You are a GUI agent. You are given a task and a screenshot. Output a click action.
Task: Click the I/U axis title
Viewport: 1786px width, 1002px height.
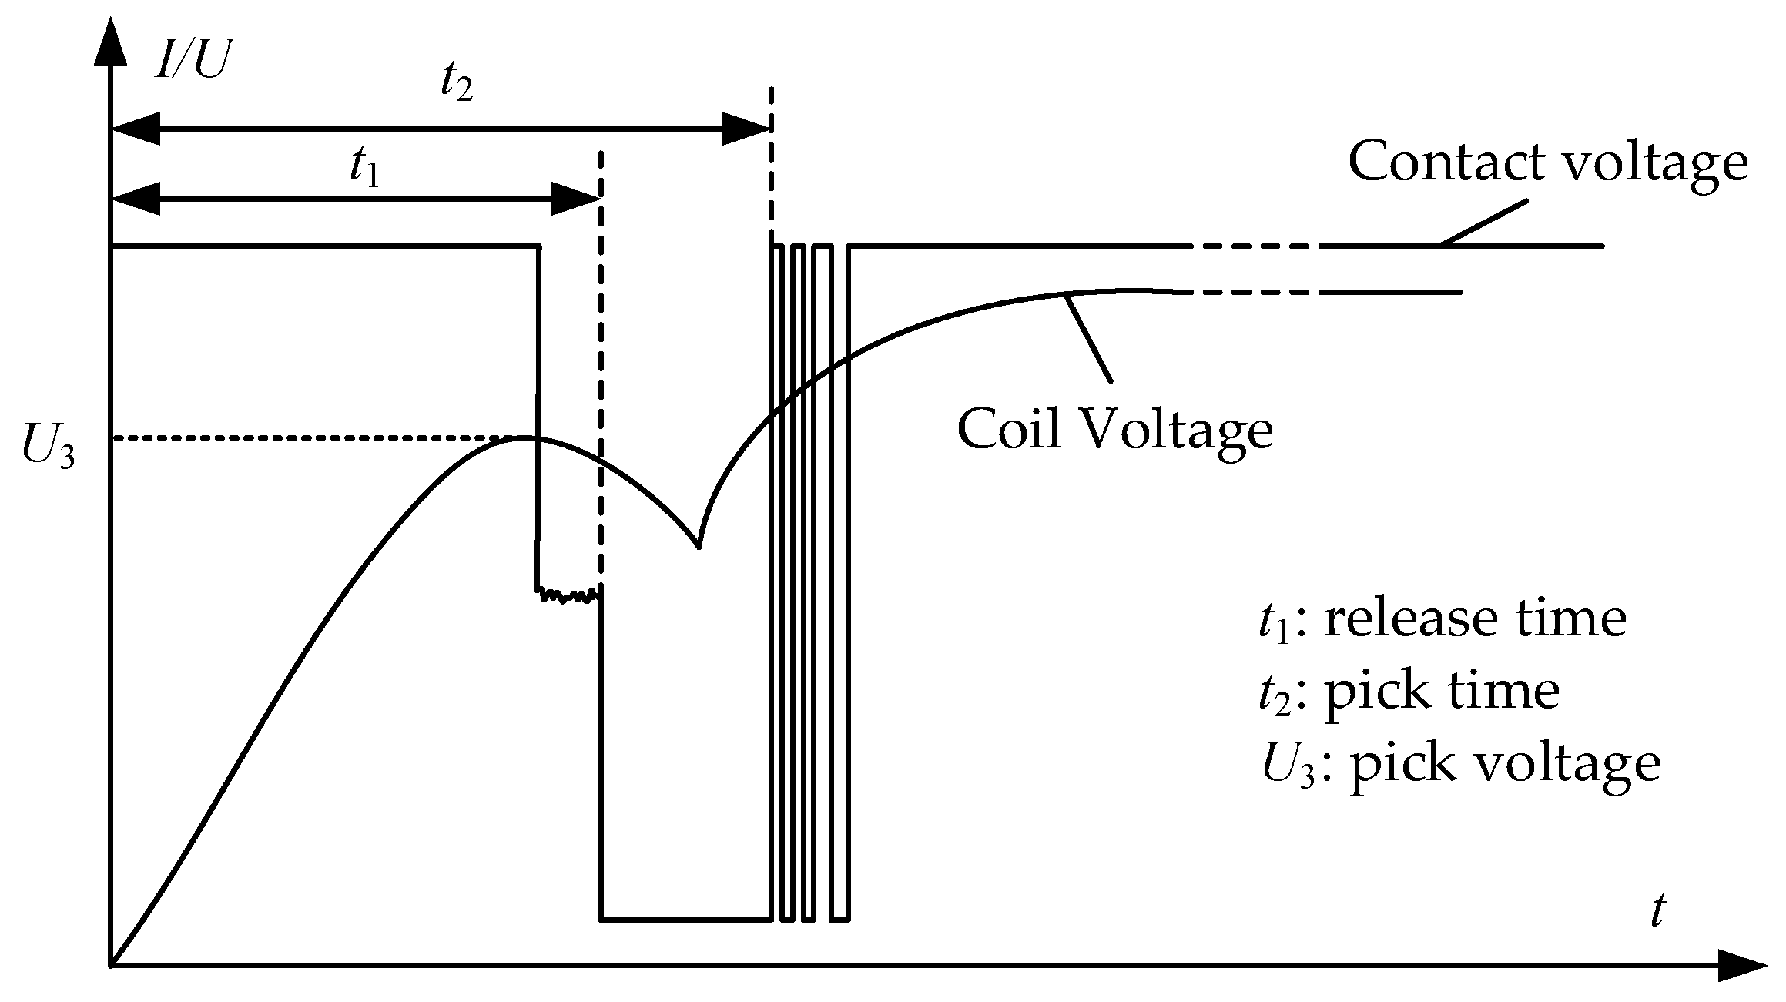[191, 59]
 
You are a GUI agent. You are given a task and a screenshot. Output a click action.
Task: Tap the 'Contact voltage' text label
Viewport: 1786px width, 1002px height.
[1547, 163]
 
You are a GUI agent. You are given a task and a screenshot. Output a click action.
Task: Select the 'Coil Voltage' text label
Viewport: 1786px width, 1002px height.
[1114, 430]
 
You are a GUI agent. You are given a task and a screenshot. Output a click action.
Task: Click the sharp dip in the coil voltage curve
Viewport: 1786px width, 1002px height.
[698, 545]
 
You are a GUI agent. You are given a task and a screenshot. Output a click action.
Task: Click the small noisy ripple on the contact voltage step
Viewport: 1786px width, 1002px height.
[568, 595]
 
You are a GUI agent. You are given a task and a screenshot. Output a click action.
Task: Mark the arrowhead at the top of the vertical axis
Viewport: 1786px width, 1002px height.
[112, 42]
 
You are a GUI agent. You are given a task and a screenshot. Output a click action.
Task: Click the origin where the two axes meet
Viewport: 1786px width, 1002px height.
[112, 964]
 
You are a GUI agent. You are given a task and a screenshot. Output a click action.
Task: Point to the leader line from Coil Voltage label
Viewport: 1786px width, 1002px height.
[1088, 339]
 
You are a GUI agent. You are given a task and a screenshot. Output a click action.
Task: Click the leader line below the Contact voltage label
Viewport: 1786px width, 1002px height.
[1482, 224]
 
